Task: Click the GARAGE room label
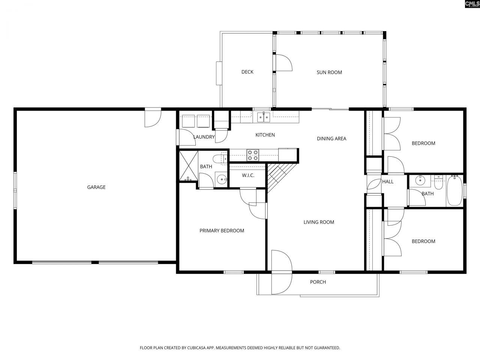tap(96, 187)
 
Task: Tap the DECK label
tap(247, 72)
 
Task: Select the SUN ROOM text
tap(329, 72)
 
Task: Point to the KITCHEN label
tap(265, 135)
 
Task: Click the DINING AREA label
tap(331, 139)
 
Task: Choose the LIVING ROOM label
tap(319, 222)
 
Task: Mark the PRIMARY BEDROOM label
tap(222, 231)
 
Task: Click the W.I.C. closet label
tap(248, 175)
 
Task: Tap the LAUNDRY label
tap(204, 137)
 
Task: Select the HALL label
tap(388, 181)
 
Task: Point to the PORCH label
tap(318, 282)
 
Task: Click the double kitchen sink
tap(264, 117)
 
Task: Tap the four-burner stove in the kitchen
tap(253, 155)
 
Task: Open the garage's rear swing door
tap(153, 117)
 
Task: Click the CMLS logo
tap(472, 4)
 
